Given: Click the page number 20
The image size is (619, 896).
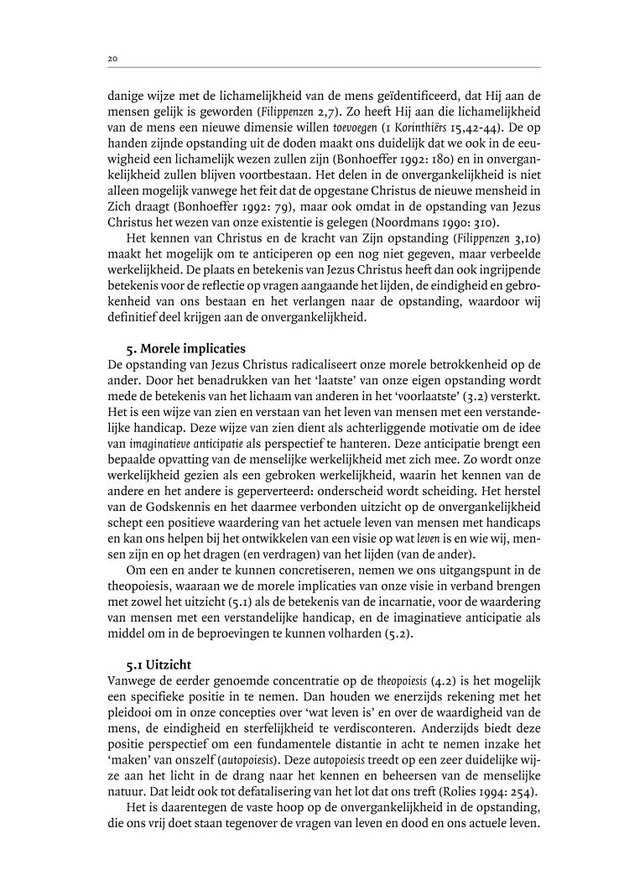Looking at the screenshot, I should (112, 59).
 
